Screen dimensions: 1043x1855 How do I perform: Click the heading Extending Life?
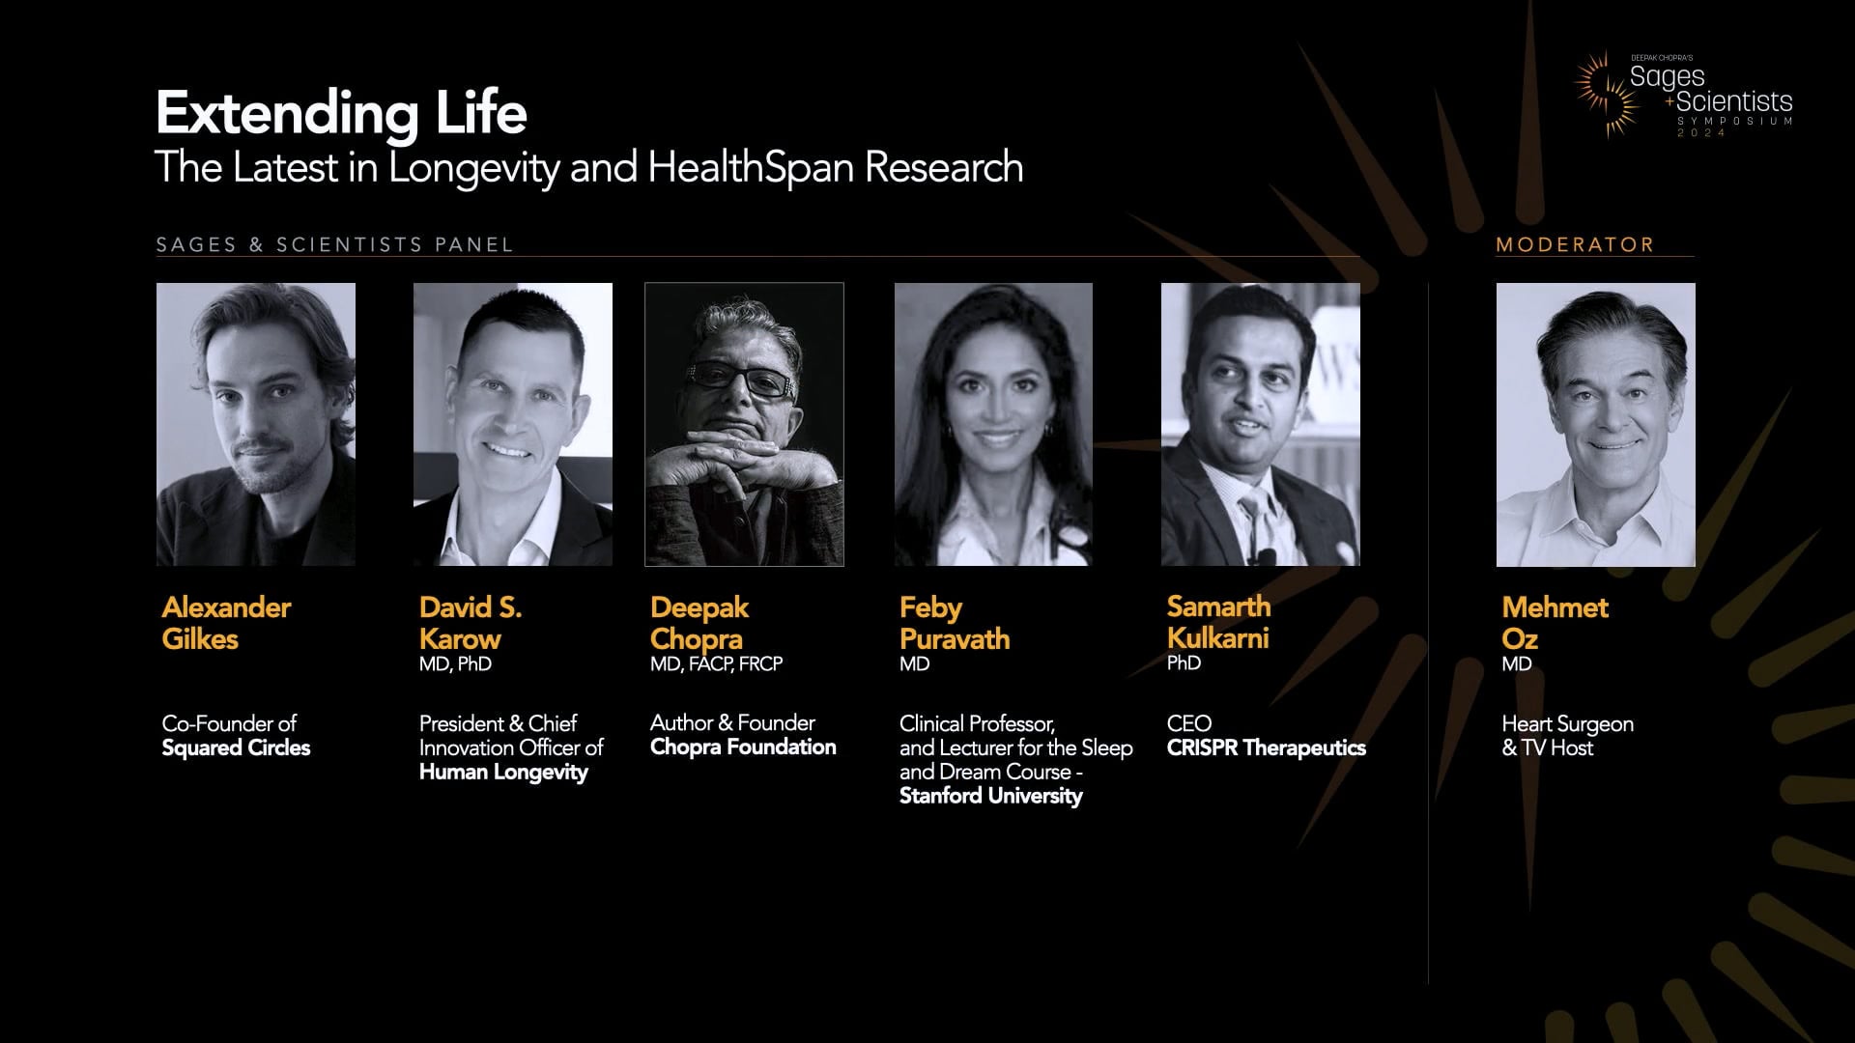click(341, 114)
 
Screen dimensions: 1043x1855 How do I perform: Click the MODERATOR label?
click(1575, 245)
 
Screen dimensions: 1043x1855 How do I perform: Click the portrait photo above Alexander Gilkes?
click(256, 424)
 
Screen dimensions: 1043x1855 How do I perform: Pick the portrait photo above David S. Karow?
click(513, 424)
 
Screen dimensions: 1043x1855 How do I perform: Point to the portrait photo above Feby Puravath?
click(993, 424)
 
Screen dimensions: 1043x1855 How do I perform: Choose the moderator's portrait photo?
click(1595, 424)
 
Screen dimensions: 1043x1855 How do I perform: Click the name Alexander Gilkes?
click(226, 623)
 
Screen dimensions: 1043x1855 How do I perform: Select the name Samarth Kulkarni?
click(1218, 622)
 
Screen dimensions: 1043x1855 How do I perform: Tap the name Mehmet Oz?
click(1555, 623)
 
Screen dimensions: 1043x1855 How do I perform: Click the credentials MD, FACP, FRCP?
click(716, 664)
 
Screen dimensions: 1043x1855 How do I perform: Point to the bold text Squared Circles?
click(236, 748)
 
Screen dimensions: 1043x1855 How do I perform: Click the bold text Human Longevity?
click(503, 773)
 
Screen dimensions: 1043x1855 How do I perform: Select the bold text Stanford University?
click(990, 797)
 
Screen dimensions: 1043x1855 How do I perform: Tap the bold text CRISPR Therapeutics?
click(1266, 748)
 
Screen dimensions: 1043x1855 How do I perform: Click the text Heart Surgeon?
click(1567, 724)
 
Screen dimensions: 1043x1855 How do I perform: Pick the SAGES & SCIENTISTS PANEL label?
click(334, 245)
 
